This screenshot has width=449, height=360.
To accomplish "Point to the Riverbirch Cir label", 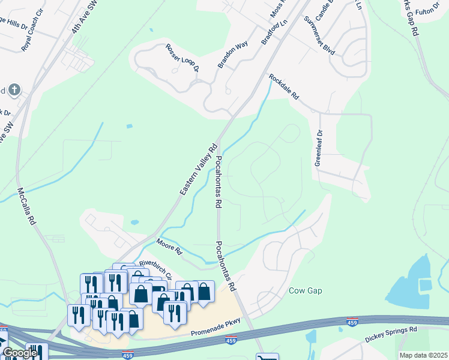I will pyautogui.click(x=155, y=269).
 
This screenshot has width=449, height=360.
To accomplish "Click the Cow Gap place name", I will pyautogui.click(x=306, y=291).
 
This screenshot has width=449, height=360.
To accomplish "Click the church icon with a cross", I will pyautogui.click(x=14, y=91).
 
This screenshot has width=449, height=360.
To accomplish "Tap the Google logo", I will pyautogui.click(x=19, y=353).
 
